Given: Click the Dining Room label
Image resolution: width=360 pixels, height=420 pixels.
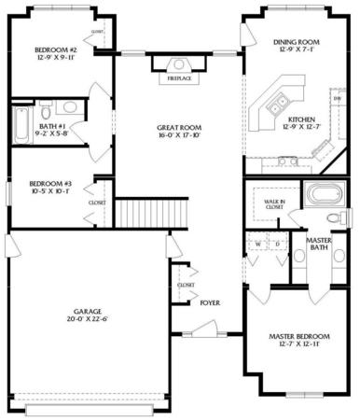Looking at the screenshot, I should tap(297, 42).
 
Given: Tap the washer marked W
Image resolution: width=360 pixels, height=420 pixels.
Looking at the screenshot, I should tap(257, 245).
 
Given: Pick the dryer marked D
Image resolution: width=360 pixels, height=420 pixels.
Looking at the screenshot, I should tap(277, 245).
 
